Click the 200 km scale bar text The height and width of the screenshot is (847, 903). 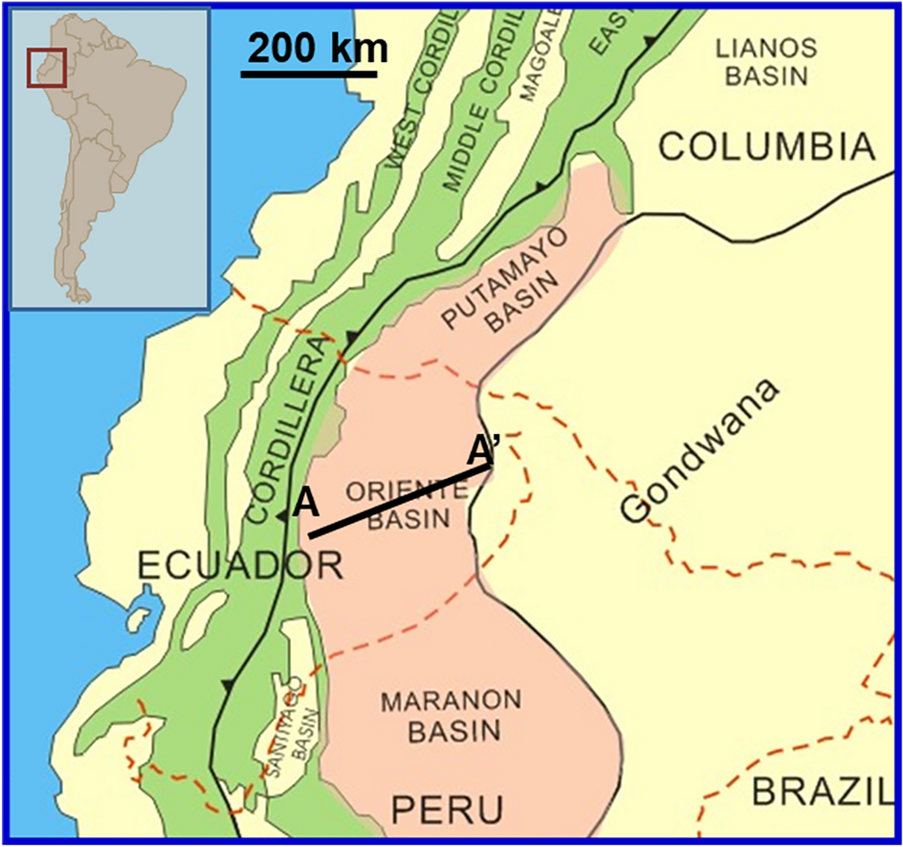(x=314, y=47)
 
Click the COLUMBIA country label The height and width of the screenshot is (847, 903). (x=768, y=146)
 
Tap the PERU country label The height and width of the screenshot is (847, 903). (x=447, y=811)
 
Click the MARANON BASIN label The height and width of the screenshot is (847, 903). (x=440, y=715)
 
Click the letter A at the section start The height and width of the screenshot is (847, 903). (x=305, y=502)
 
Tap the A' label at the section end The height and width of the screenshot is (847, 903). (x=485, y=447)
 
